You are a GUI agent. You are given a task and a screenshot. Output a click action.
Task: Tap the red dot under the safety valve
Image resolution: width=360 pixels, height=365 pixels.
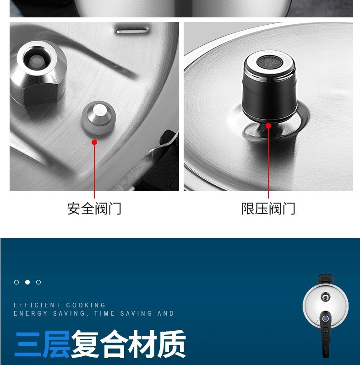coord(94,142)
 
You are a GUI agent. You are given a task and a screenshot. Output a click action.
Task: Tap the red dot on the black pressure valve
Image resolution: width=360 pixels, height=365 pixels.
coord(268,126)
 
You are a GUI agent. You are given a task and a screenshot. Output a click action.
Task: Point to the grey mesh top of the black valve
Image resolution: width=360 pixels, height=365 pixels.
coord(270,62)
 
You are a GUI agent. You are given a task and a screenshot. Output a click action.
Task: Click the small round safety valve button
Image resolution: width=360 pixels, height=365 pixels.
coord(98,118)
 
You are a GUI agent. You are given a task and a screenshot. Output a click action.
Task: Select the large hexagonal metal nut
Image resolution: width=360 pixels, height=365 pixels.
coord(38,73)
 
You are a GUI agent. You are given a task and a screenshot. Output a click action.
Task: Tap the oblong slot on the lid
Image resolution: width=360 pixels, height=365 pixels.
coord(132,31)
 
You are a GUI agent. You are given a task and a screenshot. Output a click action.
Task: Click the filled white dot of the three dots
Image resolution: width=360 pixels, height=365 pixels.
coord(27,282)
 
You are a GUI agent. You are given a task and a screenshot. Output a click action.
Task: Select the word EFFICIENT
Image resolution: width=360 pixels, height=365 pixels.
coord(37,305)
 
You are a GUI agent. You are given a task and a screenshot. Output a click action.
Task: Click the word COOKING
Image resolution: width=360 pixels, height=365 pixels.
coord(86,305)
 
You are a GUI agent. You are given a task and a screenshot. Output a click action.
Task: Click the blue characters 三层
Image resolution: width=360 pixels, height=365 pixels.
coord(42,344)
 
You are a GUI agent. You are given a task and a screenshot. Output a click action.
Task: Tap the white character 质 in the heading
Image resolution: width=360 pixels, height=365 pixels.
coord(172,344)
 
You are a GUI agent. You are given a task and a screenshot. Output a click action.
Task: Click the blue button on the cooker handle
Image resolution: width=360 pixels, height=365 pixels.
coord(326,318)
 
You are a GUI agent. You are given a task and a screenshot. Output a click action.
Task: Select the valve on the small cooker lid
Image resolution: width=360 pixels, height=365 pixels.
coord(326,297)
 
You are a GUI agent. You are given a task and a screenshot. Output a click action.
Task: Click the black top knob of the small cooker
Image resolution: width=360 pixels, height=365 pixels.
coord(326,278)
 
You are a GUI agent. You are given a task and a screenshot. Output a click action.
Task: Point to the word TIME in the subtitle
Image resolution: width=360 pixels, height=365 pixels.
coord(104,313)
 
